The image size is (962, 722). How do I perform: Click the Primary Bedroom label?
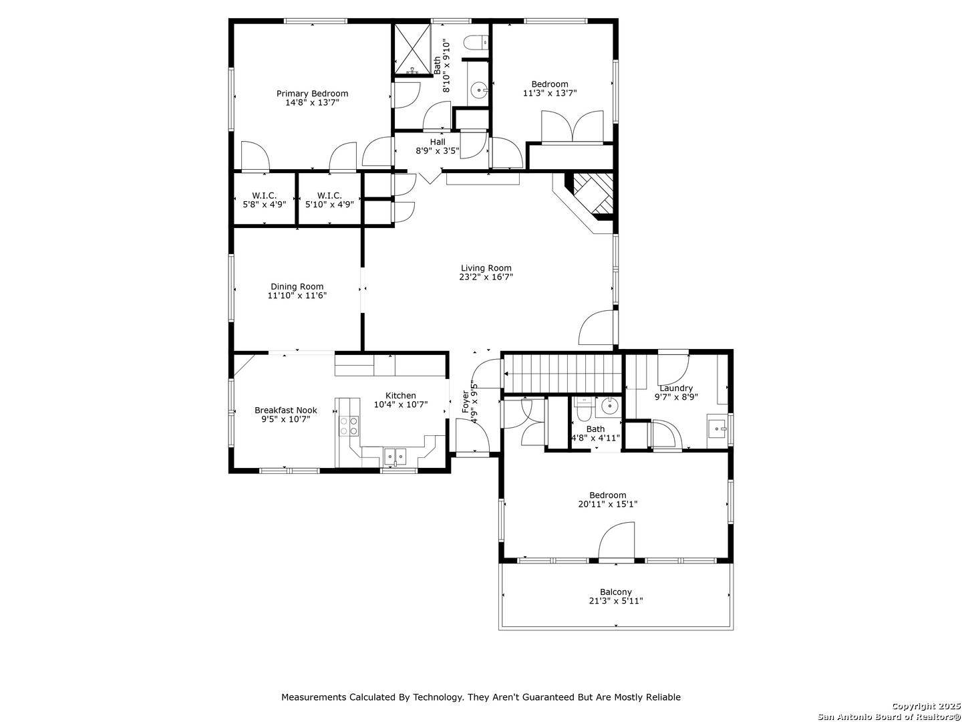312,94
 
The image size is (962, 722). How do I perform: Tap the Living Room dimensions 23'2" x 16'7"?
486,277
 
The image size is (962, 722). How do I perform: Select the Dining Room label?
297,287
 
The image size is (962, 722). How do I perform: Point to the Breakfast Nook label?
286,410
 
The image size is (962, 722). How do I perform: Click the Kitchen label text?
401,395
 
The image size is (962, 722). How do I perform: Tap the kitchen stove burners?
349,426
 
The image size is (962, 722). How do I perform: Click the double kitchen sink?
395,457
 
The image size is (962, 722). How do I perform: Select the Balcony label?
616,592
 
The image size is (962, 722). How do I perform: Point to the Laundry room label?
676,388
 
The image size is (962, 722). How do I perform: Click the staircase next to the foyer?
563,374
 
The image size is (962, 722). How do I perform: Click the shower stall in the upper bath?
412,49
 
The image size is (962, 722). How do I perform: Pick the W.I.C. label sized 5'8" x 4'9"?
265,200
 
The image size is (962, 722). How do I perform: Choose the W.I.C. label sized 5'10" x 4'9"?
329,200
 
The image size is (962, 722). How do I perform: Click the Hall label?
438,142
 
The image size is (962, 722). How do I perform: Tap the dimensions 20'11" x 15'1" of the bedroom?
607,504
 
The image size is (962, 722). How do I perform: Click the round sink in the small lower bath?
609,406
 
